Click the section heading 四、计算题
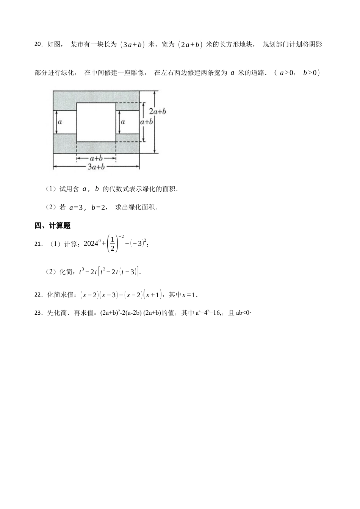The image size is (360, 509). [x=52, y=226]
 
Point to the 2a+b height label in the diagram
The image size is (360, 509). [x=157, y=111]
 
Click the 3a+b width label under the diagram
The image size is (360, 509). [x=96, y=167]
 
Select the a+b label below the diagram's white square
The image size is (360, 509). [x=96, y=158]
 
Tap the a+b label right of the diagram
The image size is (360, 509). [x=146, y=122]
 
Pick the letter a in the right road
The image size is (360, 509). [x=123, y=122]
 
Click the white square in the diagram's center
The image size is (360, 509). [x=96, y=122]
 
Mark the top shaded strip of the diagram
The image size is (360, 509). [x=96, y=97]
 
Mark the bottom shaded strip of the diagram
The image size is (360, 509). [x=96, y=148]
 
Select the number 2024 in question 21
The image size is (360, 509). [x=91, y=244]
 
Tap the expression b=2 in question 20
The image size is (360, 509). [x=99, y=207]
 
